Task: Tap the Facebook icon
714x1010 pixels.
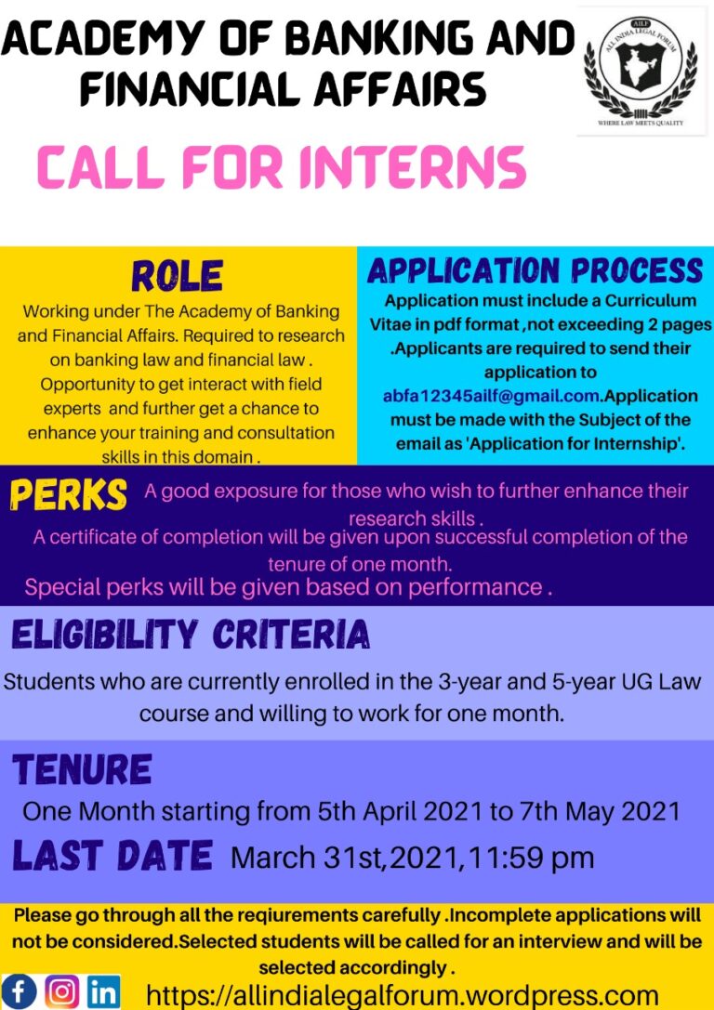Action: pyautogui.click(x=20, y=991)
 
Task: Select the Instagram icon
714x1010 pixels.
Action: pyautogui.click(x=62, y=991)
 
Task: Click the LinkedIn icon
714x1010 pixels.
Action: pyautogui.click(x=104, y=991)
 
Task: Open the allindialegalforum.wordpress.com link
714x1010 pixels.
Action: pyautogui.click(x=403, y=993)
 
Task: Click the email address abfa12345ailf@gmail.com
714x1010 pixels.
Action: pyautogui.click(x=493, y=396)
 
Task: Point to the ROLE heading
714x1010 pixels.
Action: pyautogui.click(x=177, y=276)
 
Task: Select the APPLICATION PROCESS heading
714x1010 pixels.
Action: pyautogui.click(x=535, y=270)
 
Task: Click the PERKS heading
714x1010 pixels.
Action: pyautogui.click(x=68, y=495)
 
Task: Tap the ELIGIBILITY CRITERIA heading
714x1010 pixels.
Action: pyautogui.click(x=191, y=635)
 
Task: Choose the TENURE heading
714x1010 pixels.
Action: pyautogui.click(x=83, y=770)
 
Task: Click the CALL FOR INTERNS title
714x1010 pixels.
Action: pyautogui.click(x=281, y=168)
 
